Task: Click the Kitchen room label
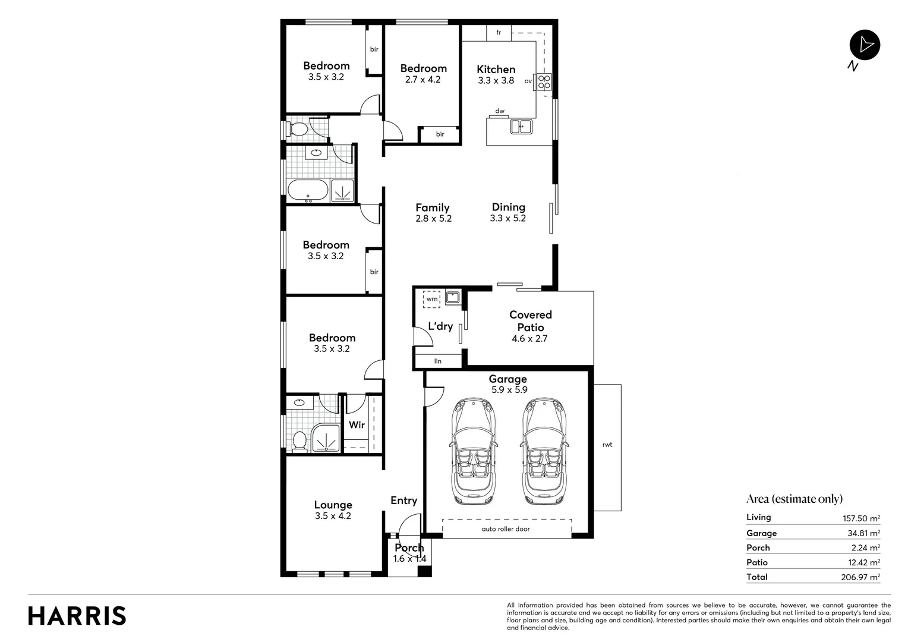(496, 70)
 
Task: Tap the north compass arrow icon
(865, 45)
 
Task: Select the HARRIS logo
(77, 616)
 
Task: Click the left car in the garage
(473, 451)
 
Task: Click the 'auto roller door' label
(506, 528)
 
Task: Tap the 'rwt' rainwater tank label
(607, 445)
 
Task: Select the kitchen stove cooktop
(544, 82)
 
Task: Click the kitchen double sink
(521, 126)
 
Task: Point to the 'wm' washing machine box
(431, 299)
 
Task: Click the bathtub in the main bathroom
(307, 191)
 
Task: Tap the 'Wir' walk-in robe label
(357, 424)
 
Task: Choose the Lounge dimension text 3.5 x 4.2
(333, 516)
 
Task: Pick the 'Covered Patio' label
(530, 321)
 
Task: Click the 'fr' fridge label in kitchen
(499, 33)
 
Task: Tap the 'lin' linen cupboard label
(438, 361)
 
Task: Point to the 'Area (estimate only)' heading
(794, 499)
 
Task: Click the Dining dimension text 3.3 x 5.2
(507, 218)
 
